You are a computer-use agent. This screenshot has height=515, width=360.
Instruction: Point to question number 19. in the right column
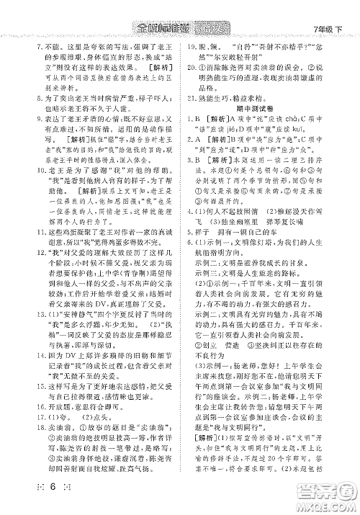tap(191, 63)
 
